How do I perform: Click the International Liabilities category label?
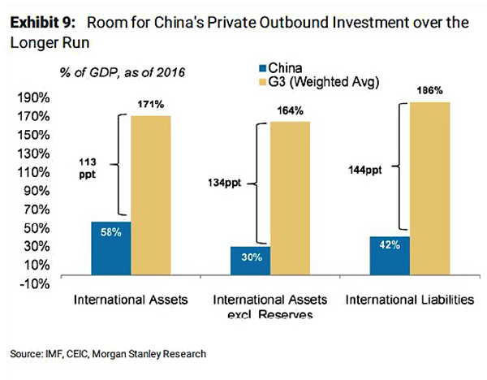click(409, 300)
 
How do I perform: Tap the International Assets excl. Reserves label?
click(270, 306)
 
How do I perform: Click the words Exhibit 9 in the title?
click(41, 23)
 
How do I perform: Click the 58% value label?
click(111, 232)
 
